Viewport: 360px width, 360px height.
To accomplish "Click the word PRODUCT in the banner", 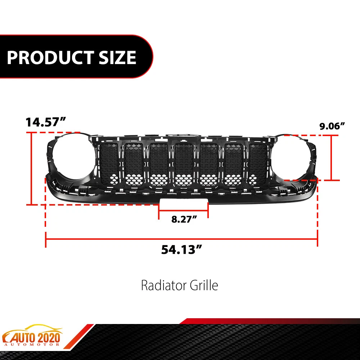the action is click(x=49, y=57).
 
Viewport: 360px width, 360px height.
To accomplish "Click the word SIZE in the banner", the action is click(x=117, y=57).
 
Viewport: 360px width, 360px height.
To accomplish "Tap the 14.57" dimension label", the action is click(x=45, y=122).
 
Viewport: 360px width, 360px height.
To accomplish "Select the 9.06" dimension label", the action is click(x=332, y=126).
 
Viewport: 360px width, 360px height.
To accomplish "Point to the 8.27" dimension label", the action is click(x=184, y=219).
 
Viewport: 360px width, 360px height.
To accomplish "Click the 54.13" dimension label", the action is click(x=181, y=249).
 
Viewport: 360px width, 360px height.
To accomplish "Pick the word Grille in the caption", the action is click(x=204, y=285).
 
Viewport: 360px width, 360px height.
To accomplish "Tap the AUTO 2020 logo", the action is click(x=32, y=336).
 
